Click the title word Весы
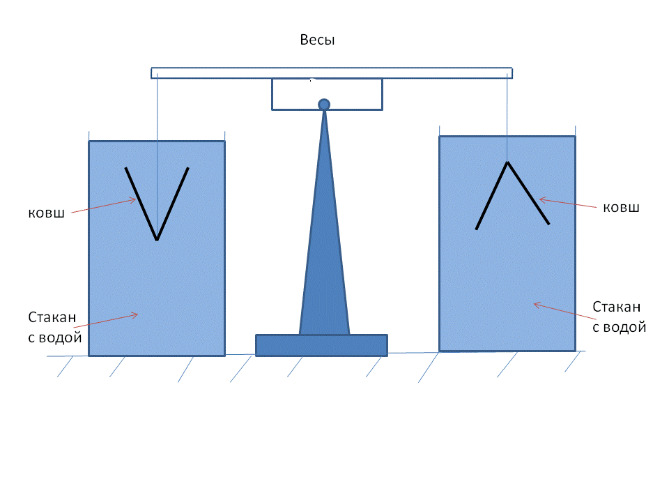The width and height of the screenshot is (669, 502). [318, 40]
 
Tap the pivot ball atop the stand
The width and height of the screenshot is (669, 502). [324, 105]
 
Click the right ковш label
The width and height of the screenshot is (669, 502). [621, 207]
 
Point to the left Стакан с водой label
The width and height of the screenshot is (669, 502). [56, 328]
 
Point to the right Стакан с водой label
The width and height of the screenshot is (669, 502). [619, 317]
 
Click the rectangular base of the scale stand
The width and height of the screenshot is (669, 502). [321, 345]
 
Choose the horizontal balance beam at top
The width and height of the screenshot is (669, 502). [332, 73]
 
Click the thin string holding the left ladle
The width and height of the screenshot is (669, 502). [158, 125]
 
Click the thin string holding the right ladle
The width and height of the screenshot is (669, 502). [508, 119]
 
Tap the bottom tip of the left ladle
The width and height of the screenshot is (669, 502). [157, 240]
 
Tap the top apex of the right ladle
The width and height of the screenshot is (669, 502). [508, 162]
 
